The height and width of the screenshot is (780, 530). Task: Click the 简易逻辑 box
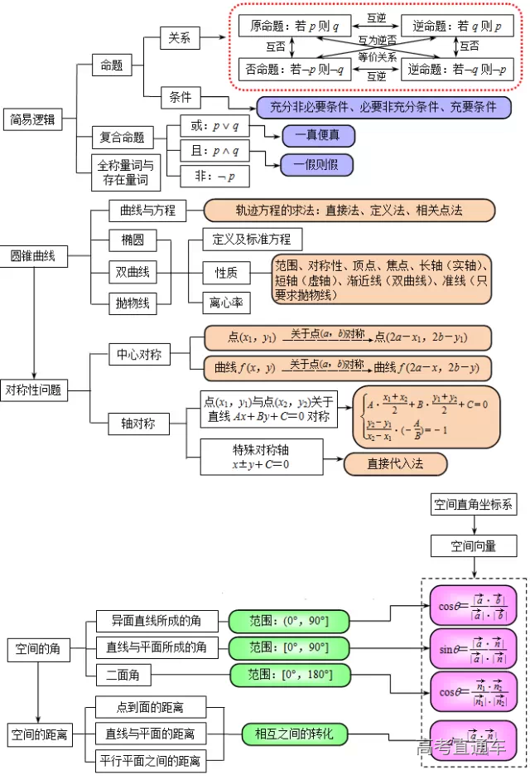32,119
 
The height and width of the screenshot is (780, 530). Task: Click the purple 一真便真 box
317,136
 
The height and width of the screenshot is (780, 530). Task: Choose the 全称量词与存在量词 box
125,172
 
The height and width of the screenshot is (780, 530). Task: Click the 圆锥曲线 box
32,256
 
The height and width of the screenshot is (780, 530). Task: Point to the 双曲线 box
133,272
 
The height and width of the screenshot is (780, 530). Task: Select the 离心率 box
226,303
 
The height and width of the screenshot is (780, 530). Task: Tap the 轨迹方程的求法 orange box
349,211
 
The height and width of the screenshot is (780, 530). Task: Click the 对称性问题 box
34,390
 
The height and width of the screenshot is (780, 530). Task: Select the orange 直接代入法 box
395,463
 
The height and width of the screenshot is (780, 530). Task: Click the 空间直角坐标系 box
474,503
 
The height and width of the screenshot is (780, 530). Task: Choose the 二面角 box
128,676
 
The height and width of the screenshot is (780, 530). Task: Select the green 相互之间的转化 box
294,734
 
